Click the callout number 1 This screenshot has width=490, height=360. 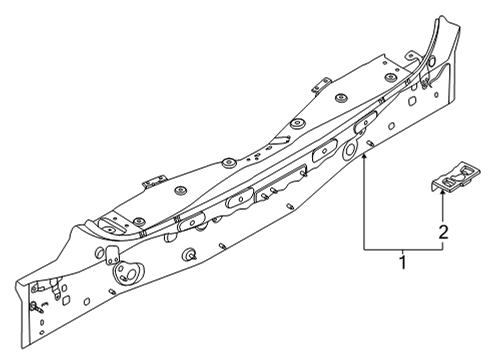[x=404, y=264]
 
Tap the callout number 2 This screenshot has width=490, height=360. [x=443, y=232]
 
